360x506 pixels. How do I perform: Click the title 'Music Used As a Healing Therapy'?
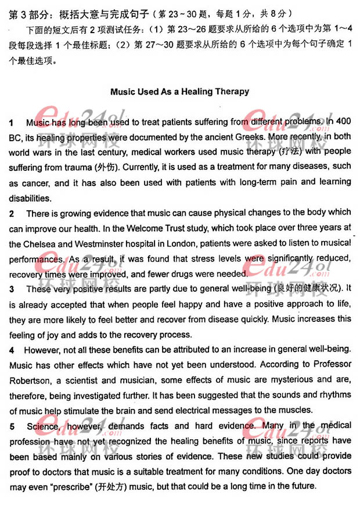click(x=179, y=91)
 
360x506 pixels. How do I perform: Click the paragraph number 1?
click(x=12, y=123)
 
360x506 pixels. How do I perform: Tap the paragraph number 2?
click(x=12, y=213)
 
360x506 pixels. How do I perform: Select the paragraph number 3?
click(x=12, y=289)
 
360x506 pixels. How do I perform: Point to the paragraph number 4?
click(x=12, y=350)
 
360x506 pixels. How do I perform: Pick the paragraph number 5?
click(x=12, y=426)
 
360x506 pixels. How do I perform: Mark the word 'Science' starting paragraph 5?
click(x=42, y=426)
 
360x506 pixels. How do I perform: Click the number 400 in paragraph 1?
click(x=343, y=123)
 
